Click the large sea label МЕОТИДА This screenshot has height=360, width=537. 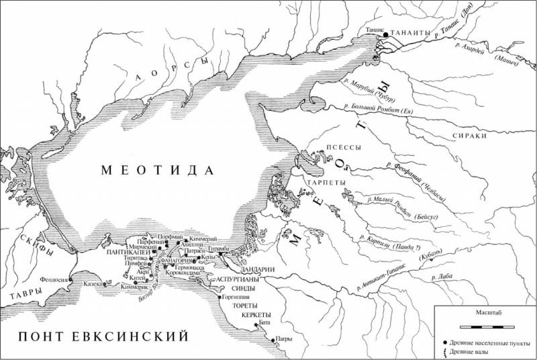point(156,170)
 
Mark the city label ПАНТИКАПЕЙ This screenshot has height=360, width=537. point(126,254)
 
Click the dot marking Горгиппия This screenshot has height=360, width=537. point(219,296)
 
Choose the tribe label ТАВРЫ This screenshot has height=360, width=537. point(23,293)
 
